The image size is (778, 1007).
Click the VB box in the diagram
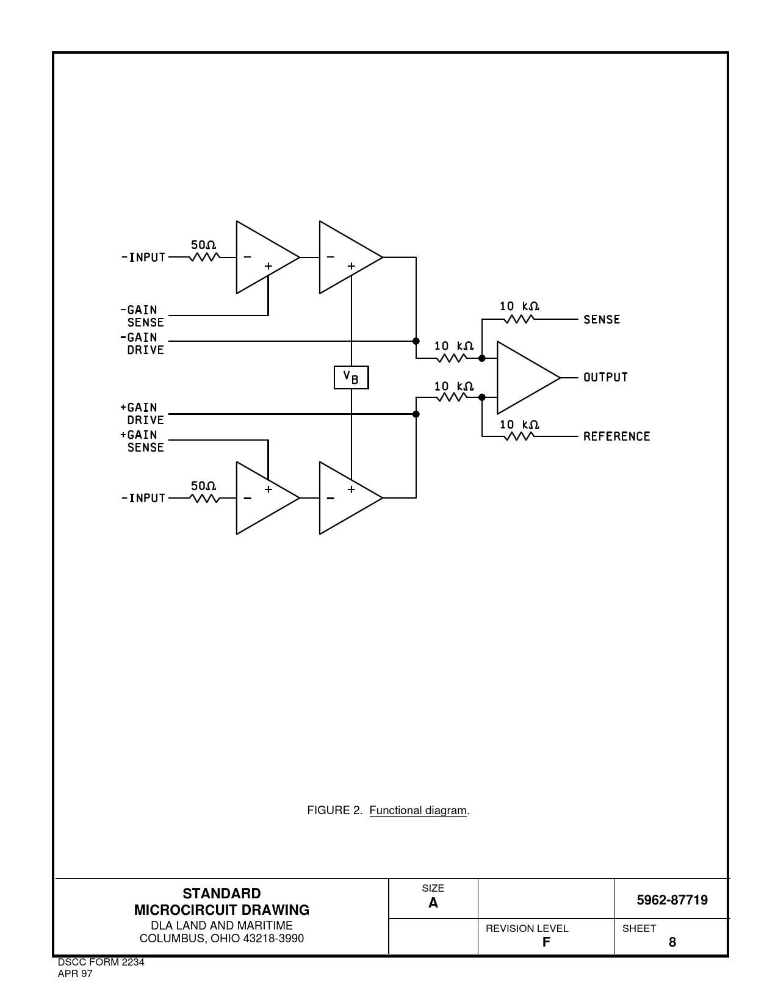[x=351, y=377]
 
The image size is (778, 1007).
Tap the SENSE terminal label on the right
[x=602, y=319]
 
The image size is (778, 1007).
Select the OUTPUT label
[x=605, y=377]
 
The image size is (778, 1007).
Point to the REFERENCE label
[x=616, y=436]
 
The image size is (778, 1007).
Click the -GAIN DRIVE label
[x=142, y=344]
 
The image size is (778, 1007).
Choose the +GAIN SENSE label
[x=142, y=441]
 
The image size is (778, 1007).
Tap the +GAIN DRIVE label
[x=142, y=413]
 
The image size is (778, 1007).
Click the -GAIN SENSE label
[x=142, y=316]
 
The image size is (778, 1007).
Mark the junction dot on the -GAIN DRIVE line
[x=416, y=341]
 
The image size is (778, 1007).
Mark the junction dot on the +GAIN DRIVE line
[x=416, y=414]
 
